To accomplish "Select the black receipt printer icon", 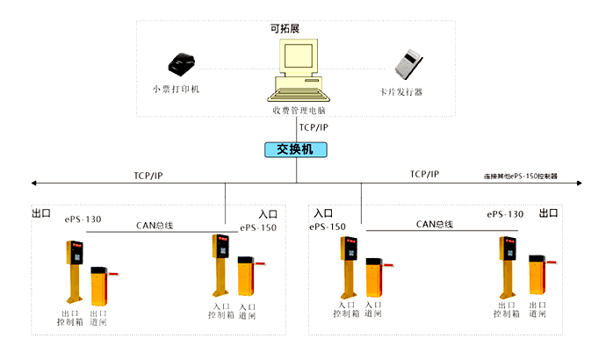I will tap(180, 64).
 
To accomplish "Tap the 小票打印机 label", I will tap(176, 90).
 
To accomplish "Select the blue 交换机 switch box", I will tap(296, 149).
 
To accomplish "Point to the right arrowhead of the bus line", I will tap(578, 184).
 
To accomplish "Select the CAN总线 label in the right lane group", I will tap(434, 225).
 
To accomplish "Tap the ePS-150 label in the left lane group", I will tap(258, 228).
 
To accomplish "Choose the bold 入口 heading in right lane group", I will tap(322, 213).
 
